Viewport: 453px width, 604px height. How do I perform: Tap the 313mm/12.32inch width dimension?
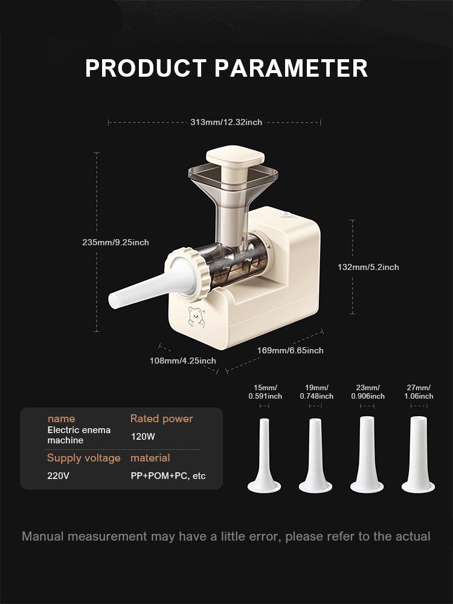(226, 122)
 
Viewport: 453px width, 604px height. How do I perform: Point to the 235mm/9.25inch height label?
(115, 242)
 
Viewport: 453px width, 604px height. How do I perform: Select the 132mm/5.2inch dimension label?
(368, 267)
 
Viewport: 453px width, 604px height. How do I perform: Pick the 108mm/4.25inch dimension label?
(182, 361)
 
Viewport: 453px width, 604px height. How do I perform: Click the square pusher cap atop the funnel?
(235, 157)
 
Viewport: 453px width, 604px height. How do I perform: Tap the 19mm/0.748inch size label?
(316, 392)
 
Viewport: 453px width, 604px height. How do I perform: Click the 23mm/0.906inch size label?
(368, 392)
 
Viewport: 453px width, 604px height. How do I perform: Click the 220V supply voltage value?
(59, 475)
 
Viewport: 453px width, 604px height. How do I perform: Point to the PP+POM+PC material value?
(168, 475)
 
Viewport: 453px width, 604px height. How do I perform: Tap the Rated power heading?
(161, 419)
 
